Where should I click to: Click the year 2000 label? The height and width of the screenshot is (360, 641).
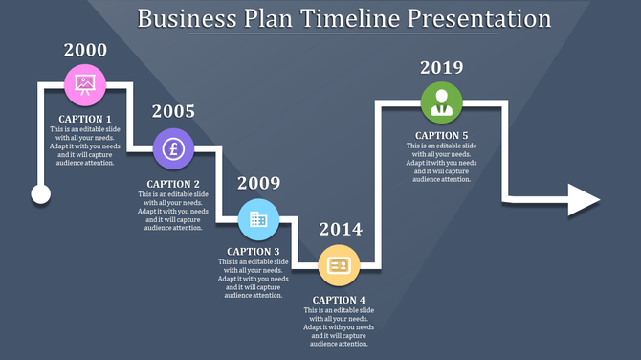click(85, 51)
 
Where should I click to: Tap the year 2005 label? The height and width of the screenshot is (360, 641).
click(173, 111)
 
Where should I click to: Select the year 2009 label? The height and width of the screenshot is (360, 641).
click(258, 183)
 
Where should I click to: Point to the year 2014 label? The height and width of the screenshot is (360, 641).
click(341, 229)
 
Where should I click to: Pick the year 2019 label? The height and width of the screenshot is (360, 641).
click(442, 67)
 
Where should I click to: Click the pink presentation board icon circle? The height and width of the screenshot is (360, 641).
click(85, 85)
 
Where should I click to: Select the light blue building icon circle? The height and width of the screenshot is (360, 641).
click(258, 219)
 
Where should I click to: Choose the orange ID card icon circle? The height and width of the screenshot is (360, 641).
click(339, 265)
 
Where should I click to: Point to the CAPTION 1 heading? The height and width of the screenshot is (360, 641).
click(85, 120)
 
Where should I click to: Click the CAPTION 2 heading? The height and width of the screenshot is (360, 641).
click(173, 184)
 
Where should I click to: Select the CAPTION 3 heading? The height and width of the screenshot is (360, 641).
click(254, 252)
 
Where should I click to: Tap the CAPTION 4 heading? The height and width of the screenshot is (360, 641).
click(339, 301)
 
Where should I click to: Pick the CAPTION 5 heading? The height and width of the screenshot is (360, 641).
click(442, 136)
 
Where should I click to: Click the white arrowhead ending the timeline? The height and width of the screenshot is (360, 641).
click(582, 199)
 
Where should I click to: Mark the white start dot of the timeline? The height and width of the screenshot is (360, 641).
click(40, 195)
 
